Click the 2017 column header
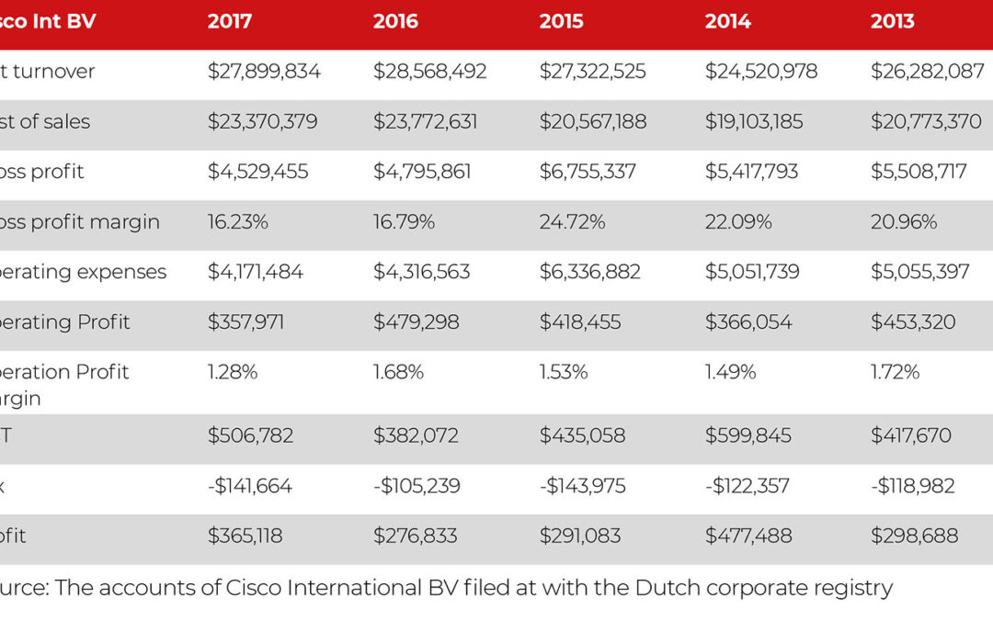[x=230, y=21]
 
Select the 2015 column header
[x=561, y=21]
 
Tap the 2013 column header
[x=893, y=21]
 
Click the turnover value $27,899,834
[x=264, y=72]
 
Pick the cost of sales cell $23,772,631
[x=425, y=121]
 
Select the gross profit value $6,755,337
[x=588, y=172]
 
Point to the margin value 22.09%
[x=738, y=222]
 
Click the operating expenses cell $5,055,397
[x=919, y=272]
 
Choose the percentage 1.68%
[x=398, y=372]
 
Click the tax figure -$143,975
[x=583, y=486]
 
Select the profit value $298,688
[x=914, y=535]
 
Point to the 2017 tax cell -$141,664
[x=249, y=486]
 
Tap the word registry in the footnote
[x=854, y=589]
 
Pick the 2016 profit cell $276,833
[x=416, y=535]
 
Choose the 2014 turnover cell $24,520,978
[x=761, y=72]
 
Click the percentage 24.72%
[x=572, y=222]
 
